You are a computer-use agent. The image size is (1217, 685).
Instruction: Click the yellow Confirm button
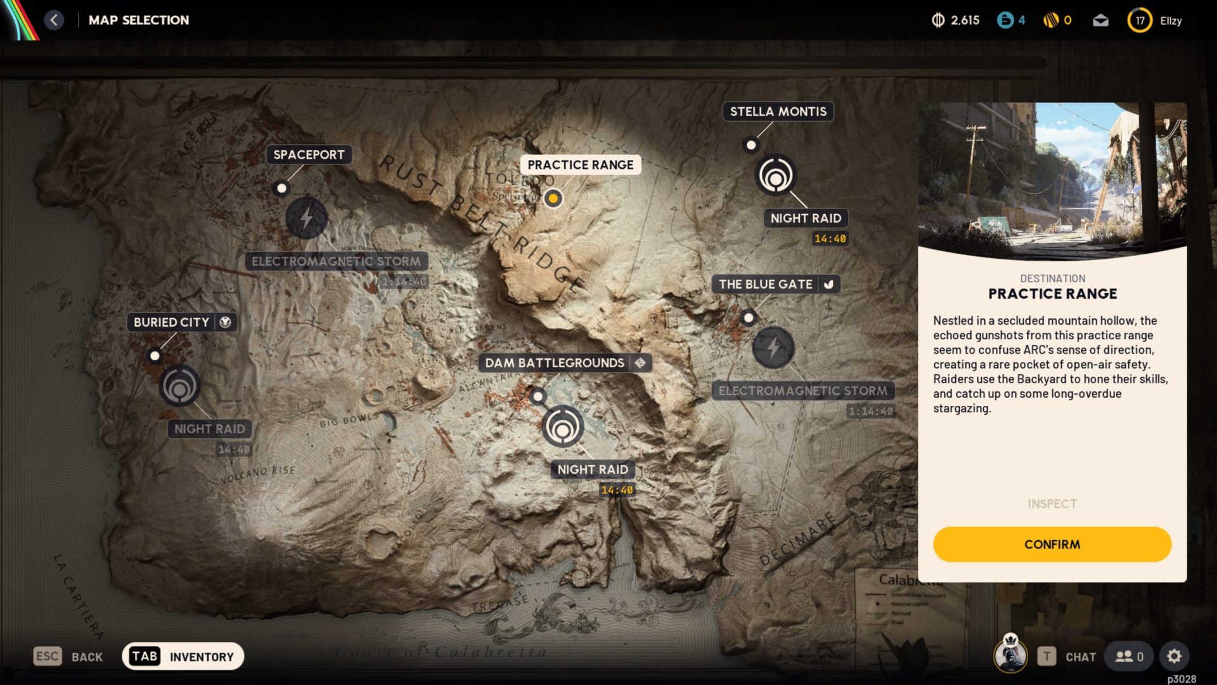pos(1052,544)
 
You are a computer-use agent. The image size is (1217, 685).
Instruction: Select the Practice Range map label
pos(580,165)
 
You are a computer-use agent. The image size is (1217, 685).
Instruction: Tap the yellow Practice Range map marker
pos(553,199)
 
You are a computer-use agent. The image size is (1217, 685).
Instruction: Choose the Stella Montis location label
pos(778,112)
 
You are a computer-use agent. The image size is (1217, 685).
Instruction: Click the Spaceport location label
pos(309,155)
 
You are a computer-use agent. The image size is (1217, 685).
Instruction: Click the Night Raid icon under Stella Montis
pos(775,176)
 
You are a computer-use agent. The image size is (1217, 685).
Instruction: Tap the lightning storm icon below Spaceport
pos(306,218)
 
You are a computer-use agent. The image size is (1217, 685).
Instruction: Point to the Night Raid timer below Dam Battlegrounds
pos(617,490)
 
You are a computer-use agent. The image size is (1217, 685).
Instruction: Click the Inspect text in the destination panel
pos(1052,504)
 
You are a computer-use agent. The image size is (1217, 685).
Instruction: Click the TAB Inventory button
pos(183,656)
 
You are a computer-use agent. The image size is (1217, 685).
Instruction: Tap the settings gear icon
pos(1174,656)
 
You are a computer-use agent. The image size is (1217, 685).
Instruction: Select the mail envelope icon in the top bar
pos(1101,20)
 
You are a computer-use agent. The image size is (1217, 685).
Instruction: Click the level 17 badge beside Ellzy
pos(1140,20)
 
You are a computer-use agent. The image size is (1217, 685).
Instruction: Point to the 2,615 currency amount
pos(965,20)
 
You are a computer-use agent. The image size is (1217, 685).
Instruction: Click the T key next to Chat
pos(1046,656)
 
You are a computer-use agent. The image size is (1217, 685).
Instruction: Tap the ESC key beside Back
pos(48,656)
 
